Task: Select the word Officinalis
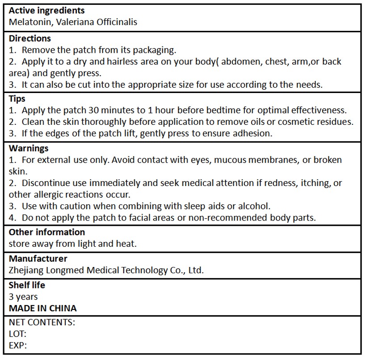tap(114, 21)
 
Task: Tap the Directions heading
tap(30, 38)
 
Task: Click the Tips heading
tap(17, 98)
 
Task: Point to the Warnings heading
tap(29, 148)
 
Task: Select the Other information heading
tap(46, 232)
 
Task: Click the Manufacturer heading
tap(38, 258)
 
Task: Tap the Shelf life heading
tap(27, 285)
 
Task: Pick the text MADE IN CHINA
tap(42, 308)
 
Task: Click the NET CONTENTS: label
tap(42, 322)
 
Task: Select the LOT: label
tap(17, 334)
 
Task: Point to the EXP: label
tap(18, 345)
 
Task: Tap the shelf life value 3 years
tap(23, 296)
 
